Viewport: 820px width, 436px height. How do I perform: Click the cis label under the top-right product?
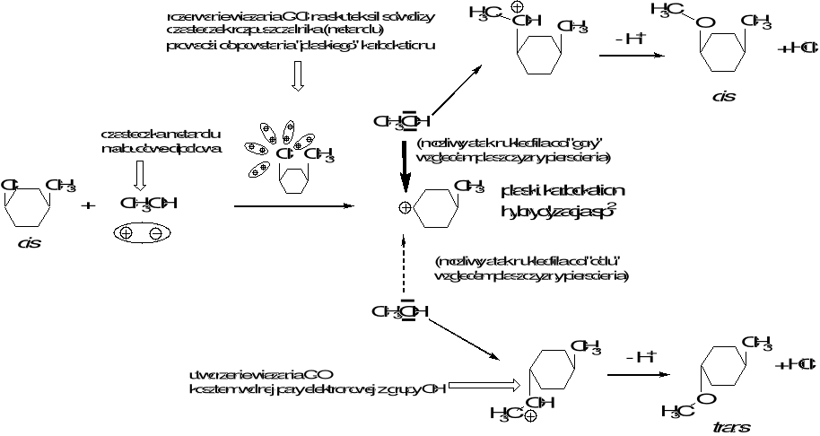point(722,97)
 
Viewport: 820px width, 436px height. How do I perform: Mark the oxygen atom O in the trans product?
point(708,398)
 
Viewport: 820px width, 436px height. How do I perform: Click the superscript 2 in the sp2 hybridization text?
point(611,205)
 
